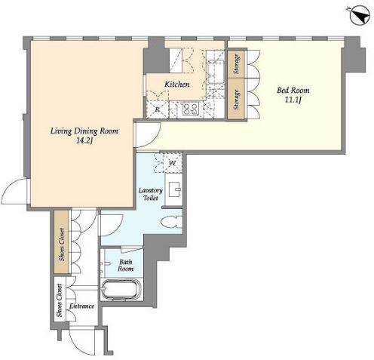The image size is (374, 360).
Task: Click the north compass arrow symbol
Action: click(360, 15)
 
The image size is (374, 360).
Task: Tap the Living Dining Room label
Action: click(84, 131)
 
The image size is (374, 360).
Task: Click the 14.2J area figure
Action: click(84, 141)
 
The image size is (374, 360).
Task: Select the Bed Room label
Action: click(293, 90)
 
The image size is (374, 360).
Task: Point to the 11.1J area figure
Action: click(293, 100)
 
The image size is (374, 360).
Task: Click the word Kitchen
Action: click(177, 85)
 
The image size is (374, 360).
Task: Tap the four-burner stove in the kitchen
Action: click(190, 109)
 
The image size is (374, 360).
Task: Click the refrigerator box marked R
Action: click(158, 109)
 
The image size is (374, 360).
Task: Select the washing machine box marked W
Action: click(173, 163)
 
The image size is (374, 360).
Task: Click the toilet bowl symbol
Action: click(171, 222)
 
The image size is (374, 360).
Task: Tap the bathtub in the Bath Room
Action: click(121, 289)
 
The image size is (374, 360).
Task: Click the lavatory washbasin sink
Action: click(175, 189)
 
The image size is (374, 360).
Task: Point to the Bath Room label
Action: click(126, 266)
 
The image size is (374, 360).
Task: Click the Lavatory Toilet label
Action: click(151, 194)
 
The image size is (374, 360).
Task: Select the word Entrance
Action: click(81, 306)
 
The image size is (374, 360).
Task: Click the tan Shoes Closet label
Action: click(62, 245)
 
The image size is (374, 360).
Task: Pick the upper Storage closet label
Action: click(236, 64)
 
